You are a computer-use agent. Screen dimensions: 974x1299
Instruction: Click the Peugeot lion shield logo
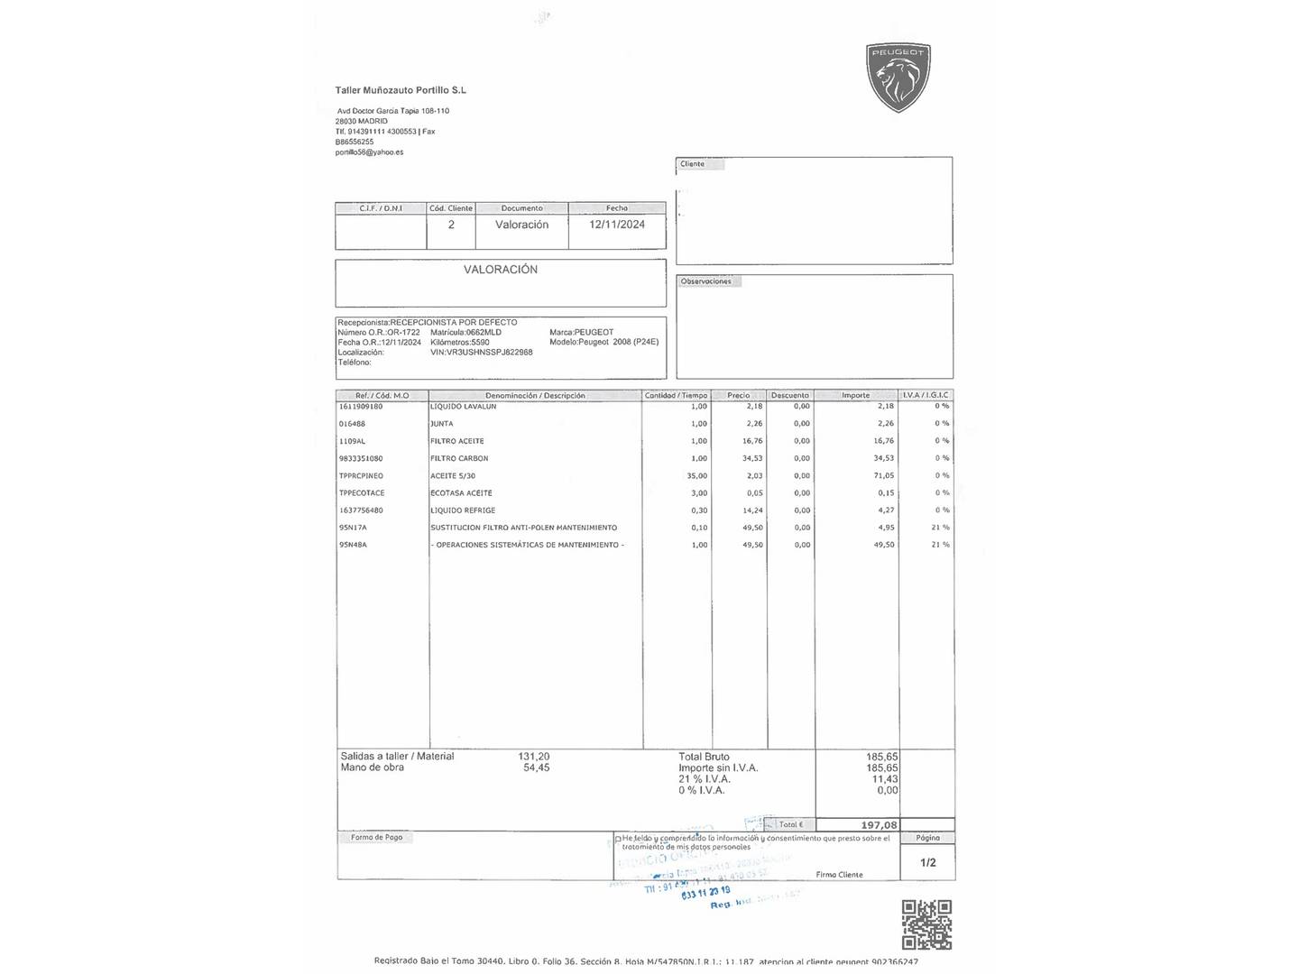click(x=898, y=78)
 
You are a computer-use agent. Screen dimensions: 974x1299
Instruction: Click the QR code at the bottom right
click(x=926, y=924)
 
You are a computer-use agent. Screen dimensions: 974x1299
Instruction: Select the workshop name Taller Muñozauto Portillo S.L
click(x=401, y=90)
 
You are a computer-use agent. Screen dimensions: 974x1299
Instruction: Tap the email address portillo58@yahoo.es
click(x=369, y=152)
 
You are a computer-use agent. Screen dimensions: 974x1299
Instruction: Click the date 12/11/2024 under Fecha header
click(x=617, y=225)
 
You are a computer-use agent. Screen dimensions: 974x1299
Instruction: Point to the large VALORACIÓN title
click(x=501, y=270)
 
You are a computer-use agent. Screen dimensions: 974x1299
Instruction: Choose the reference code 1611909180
click(x=361, y=407)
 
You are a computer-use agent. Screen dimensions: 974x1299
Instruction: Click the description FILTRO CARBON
click(x=459, y=458)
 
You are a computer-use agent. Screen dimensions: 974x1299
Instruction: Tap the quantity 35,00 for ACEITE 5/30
click(x=696, y=475)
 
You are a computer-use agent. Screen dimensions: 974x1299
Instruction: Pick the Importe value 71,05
click(x=883, y=475)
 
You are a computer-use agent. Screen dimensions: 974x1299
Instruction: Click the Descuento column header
click(x=790, y=395)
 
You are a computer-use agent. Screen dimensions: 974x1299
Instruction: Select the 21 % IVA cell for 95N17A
click(x=940, y=528)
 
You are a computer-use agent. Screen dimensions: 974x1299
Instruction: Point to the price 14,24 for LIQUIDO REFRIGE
click(x=751, y=510)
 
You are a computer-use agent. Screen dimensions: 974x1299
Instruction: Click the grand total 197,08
click(x=879, y=825)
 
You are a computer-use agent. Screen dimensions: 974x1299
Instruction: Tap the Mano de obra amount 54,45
click(x=536, y=767)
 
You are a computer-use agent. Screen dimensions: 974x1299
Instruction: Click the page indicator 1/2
click(x=927, y=862)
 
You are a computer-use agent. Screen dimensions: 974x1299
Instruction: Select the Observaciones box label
click(x=706, y=281)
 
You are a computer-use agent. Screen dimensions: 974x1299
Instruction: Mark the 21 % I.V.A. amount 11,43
click(x=884, y=779)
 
